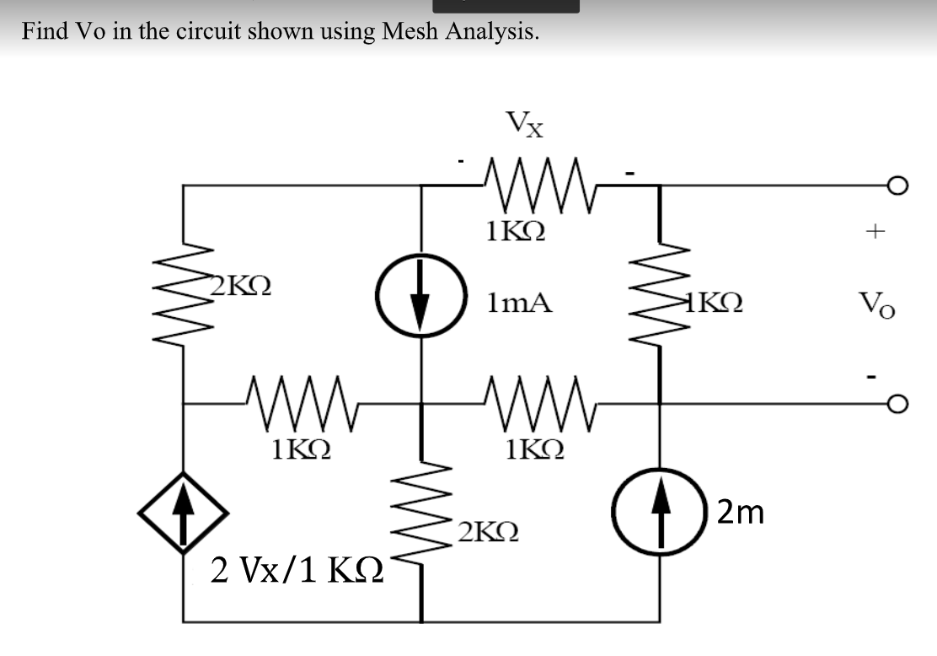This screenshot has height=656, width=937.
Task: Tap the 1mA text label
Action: [x=519, y=302]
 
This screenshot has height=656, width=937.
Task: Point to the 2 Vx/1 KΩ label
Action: [x=297, y=571]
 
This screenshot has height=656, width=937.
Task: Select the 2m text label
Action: [x=741, y=512]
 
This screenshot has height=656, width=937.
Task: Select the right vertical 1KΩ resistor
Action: [x=659, y=296]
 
